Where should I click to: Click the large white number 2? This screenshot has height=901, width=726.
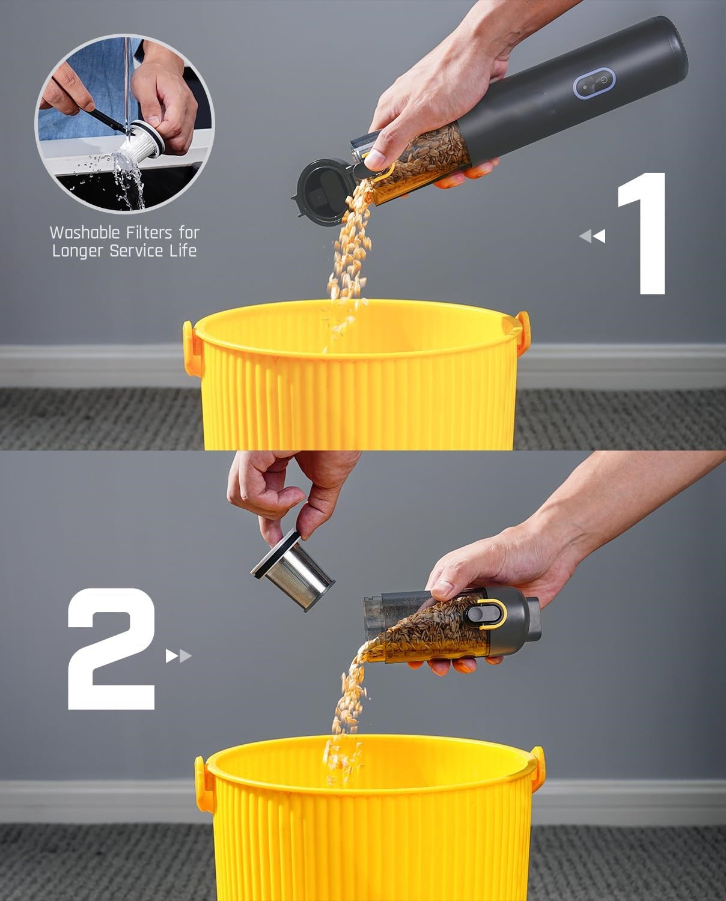(111, 649)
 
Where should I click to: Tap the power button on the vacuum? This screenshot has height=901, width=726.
(602, 79)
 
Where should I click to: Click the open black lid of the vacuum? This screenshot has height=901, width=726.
(322, 192)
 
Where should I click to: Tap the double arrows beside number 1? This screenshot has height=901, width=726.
(593, 235)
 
